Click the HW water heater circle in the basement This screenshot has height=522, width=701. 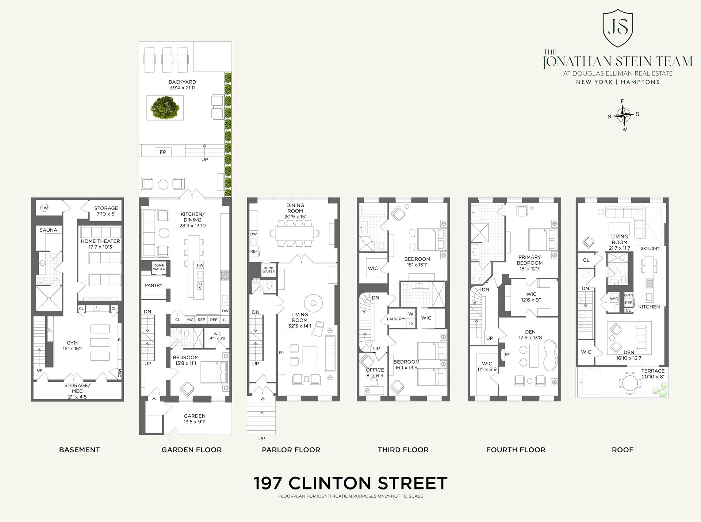[x=44, y=208]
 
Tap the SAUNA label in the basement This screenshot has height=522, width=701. [x=49, y=230]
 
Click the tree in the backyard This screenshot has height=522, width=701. [x=165, y=107]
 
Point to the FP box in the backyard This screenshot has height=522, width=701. [x=163, y=152]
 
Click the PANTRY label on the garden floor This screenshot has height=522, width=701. [x=154, y=285]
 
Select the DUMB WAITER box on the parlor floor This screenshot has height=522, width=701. [x=268, y=270]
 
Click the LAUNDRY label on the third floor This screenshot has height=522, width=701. [x=396, y=319]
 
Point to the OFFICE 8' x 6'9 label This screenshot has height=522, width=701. [x=375, y=372]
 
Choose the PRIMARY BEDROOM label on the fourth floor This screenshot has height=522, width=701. [x=529, y=263]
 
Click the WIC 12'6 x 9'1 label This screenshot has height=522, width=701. [x=531, y=297]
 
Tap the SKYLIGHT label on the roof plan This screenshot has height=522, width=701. [x=650, y=249]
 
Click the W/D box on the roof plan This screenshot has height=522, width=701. [x=614, y=299]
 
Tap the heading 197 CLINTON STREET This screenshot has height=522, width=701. [x=350, y=483]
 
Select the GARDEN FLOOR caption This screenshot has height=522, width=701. [x=191, y=450]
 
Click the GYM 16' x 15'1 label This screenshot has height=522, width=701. [x=72, y=345]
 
